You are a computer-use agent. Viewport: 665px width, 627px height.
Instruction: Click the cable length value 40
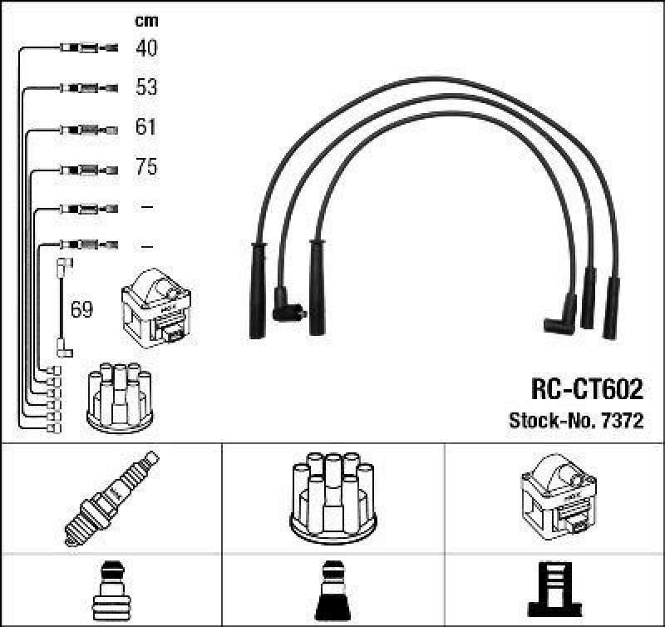coord(146,48)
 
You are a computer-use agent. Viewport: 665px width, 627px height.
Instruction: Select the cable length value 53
coord(146,87)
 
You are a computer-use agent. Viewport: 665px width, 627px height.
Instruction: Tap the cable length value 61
coord(146,127)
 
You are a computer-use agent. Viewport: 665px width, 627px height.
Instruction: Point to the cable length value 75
coord(146,167)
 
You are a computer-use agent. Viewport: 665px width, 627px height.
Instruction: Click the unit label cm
coord(146,21)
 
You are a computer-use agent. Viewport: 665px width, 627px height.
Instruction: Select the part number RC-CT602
coord(586,389)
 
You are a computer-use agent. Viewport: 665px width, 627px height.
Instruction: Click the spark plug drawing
coord(111,496)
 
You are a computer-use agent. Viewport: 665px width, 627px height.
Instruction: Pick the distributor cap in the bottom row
coord(332,497)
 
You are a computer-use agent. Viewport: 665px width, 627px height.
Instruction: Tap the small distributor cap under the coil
coord(121,397)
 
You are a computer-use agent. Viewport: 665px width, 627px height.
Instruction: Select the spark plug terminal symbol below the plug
coord(111,592)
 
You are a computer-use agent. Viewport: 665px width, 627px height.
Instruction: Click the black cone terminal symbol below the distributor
coord(332,592)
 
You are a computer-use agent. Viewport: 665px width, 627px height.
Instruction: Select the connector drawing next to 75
coord(90,168)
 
